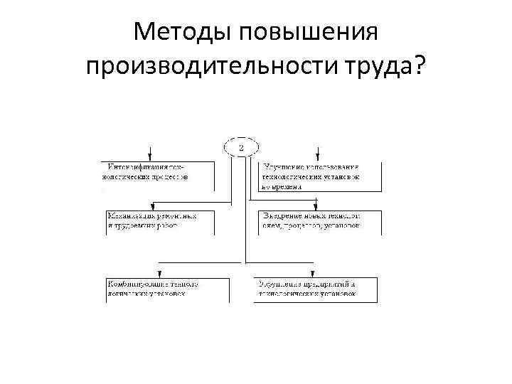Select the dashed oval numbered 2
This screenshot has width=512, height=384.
[x=241, y=147]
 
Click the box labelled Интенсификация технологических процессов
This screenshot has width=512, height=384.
[x=156, y=176]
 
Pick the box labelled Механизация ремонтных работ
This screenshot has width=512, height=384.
[x=156, y=221]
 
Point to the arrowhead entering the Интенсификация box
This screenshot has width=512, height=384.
[x=150, y=158]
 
